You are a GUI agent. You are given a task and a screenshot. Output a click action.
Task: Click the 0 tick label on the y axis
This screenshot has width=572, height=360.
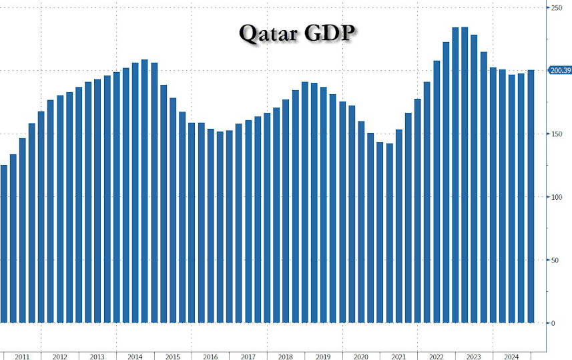[553, 323]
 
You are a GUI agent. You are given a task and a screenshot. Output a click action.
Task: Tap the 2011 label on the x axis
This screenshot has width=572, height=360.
[22, 357]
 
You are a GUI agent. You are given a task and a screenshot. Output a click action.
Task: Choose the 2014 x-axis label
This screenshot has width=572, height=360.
[135, 357]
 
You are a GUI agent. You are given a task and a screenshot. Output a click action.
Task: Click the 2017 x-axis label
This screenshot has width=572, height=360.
[248, 357]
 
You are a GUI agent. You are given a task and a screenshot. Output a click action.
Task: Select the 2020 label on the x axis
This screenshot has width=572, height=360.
[361, 357]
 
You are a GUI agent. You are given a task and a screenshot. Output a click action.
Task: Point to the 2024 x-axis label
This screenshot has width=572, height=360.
[512, 357]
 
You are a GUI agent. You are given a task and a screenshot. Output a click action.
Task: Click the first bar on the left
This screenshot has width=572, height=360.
[4, 244]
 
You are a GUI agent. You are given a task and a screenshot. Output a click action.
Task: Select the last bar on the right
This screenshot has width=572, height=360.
[531, 196]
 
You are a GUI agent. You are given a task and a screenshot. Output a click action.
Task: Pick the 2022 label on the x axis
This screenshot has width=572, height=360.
[437, 357]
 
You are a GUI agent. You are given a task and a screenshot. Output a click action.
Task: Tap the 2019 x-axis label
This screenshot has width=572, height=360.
[324, 357]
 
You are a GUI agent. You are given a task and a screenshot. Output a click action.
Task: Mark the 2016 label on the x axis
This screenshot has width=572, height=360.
[210, 357]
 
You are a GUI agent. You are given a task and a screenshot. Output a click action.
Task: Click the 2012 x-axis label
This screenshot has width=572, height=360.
[59, 357]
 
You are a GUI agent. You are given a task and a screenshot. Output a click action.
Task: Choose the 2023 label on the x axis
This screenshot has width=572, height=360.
[474, 357]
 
